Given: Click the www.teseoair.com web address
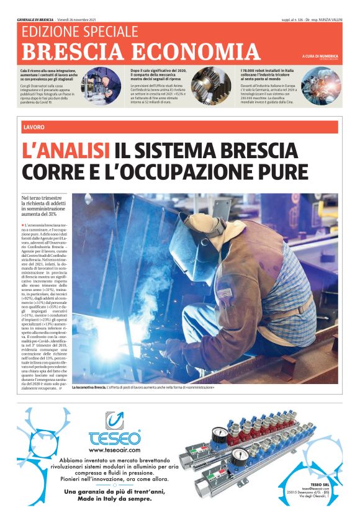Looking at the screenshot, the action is point(115,450).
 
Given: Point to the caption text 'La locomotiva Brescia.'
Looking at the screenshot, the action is point(89,387).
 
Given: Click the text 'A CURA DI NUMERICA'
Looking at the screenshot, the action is point(320,56).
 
